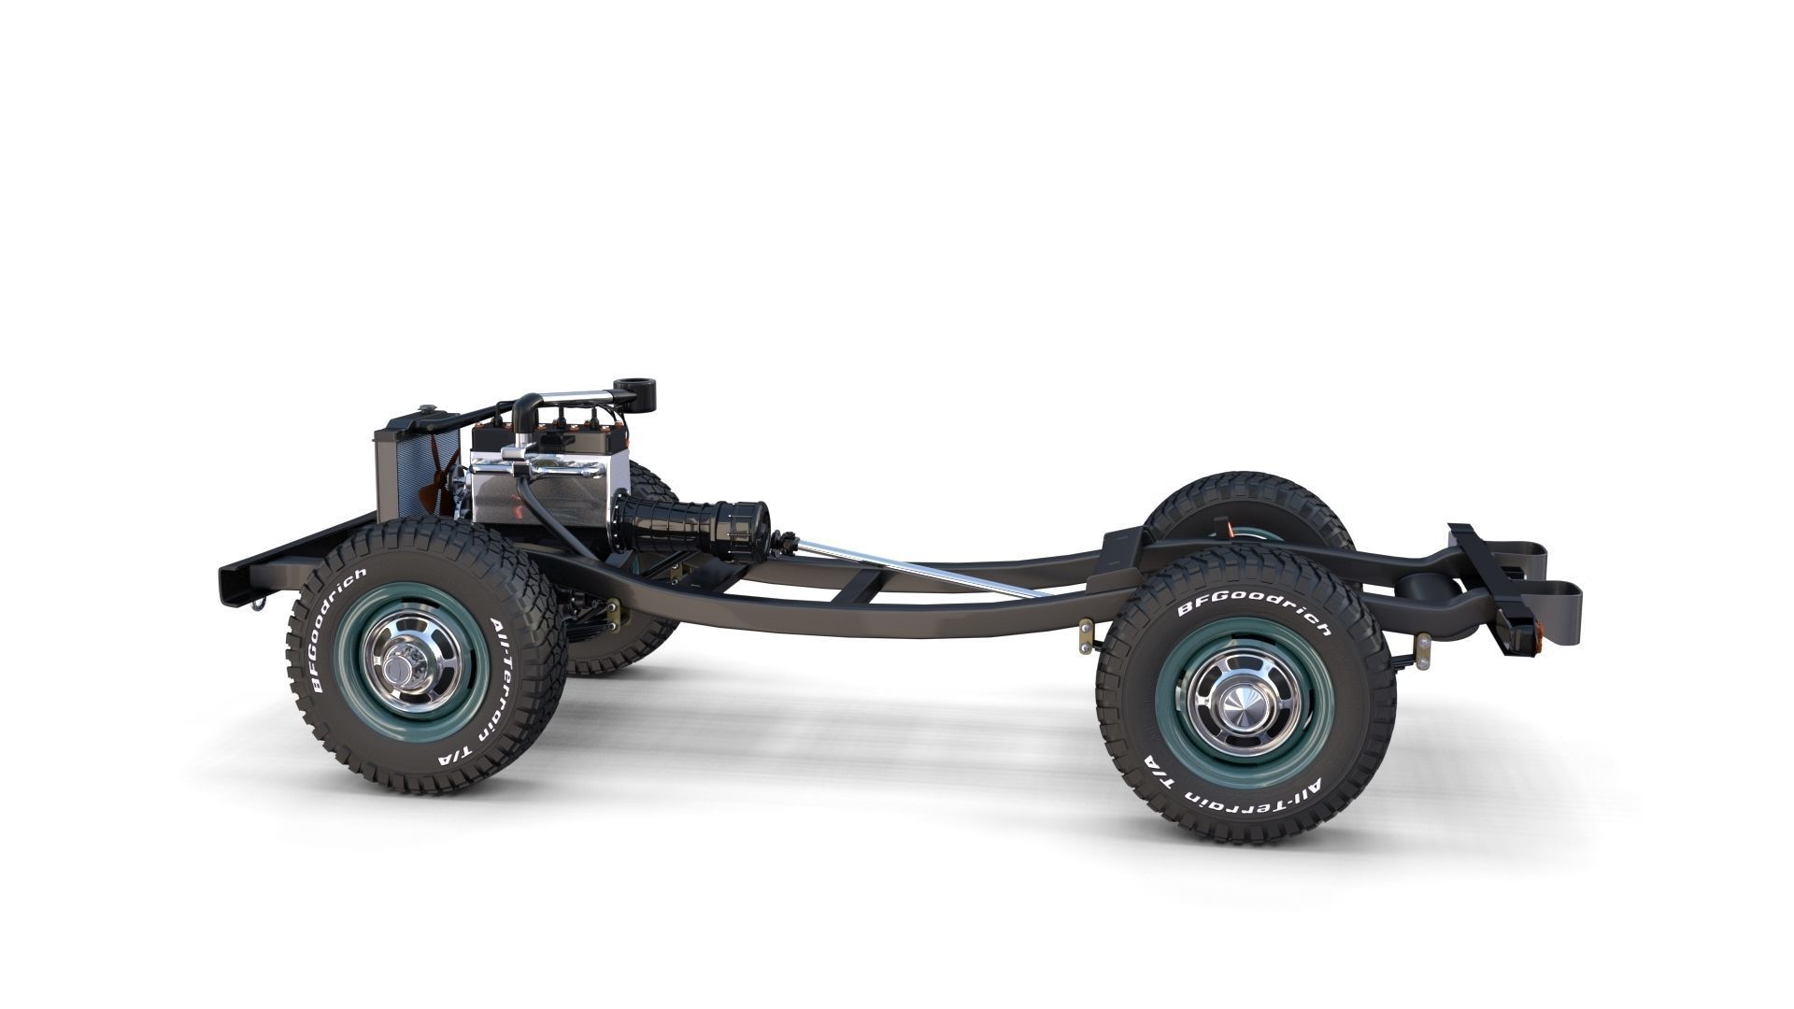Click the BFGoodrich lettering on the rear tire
1252,607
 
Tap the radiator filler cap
428,409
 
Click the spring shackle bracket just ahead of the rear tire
1087,635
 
